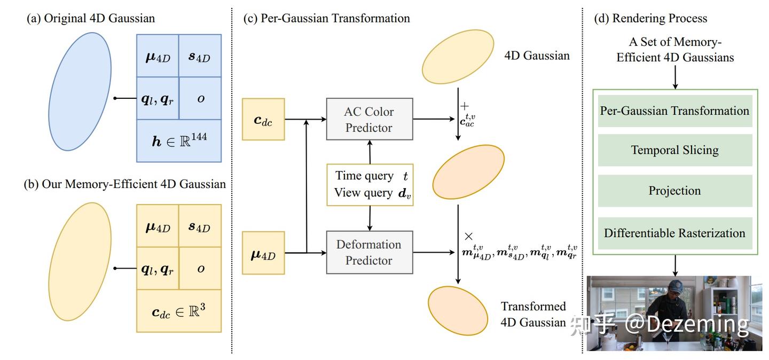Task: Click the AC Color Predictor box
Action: click(x=370, y=119)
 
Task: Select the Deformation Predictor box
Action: click(x=370, y=253)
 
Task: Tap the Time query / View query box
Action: click(x=370, y=185)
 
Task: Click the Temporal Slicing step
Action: click(x=675, y=150)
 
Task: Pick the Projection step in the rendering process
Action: click(x=675, y=191)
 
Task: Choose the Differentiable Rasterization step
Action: click(x=675, y=233)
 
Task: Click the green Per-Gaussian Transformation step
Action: click(x=675, y=111)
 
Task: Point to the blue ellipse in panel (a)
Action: click(x=80, y=92)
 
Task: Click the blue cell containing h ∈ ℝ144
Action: click(x=179, y=141)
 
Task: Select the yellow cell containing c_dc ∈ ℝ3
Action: click(x=179, y=311)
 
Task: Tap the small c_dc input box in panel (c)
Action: click(x=263, y=119)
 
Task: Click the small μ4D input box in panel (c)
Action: click(x=263, y=253)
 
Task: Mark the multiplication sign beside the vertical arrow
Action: click(x=469, y=236)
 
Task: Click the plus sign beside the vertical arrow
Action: click(x=465, y=106)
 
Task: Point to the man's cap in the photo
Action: click(x=676, y=286)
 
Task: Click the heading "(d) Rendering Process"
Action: click(x=650, y=18)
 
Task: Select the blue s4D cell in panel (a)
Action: click(x=200, y=56)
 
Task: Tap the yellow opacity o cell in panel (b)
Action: click(x=200, y=268)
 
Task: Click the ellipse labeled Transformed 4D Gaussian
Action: click(x=458, y=311)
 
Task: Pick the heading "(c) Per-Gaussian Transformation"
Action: click(x=326, y=18)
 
